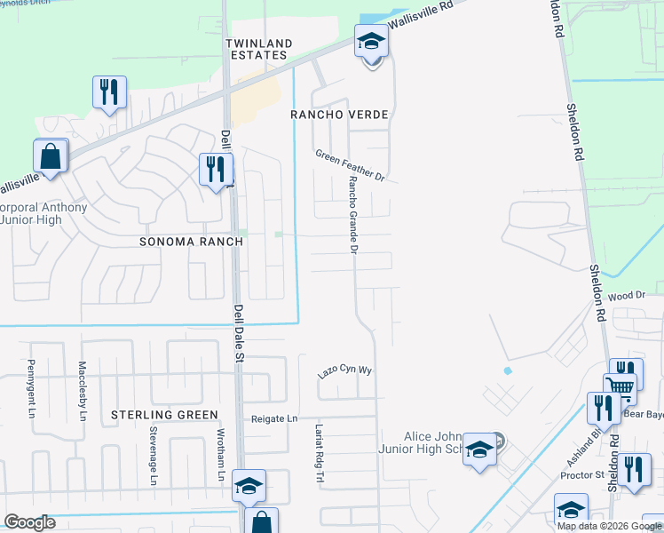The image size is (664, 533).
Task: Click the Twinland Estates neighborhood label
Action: (x=256, y=49)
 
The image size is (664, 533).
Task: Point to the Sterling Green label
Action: (x=164, y=415)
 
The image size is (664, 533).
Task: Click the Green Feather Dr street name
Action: (x=351, y=165)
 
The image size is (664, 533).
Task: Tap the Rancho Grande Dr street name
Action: (x=352, y=214)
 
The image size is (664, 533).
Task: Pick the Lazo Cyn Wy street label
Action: (x=344, y=373)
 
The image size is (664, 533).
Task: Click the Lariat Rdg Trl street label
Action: (x=317, y=453)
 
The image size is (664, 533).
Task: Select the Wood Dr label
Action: (x=626, y=294)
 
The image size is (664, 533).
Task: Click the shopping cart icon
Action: (x=621, y=386)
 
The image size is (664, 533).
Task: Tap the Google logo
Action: (x=29, y=522)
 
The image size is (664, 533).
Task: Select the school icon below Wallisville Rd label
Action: (x=370, y=41)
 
